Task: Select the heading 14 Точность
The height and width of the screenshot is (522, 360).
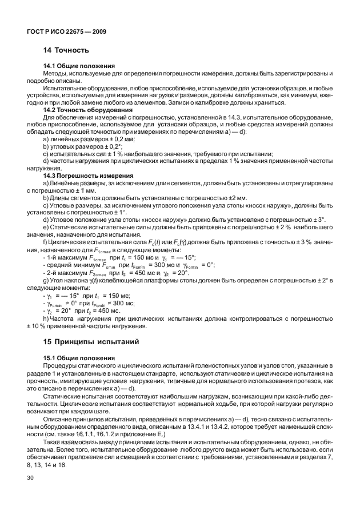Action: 66,51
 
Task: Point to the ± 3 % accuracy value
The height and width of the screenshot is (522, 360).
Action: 305,243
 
